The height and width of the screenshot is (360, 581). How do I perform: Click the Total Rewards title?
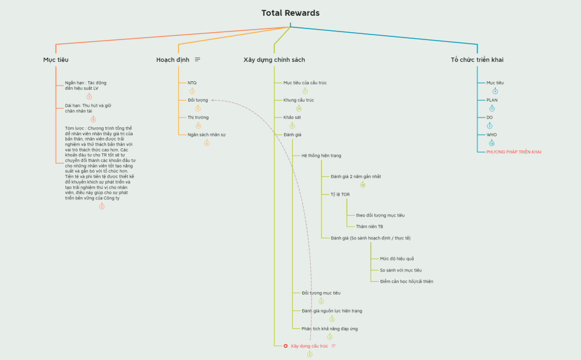pos(290,13)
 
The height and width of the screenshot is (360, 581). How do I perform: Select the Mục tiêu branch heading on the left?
pos(56,60)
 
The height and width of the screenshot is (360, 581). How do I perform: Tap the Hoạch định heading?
pos(173,60)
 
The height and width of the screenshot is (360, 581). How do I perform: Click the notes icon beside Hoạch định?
pos(198,59)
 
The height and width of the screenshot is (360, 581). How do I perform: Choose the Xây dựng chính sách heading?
pos(274,60)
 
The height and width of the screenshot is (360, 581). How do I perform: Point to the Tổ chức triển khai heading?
pos(477,60)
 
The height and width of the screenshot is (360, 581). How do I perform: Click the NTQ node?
pos(192,83)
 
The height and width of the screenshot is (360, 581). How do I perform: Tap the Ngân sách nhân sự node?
pos(206,135)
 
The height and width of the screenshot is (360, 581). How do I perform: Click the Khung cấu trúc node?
pos(299,100)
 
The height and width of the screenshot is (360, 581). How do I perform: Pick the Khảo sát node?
pos(292,117)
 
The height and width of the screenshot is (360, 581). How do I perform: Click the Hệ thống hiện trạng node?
pos(321,156)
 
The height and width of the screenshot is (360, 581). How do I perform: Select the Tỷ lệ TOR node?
pos(340,194)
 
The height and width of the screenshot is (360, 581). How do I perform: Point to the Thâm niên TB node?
pos(369,227)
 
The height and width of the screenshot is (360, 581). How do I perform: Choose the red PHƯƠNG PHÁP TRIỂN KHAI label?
pos(514,152)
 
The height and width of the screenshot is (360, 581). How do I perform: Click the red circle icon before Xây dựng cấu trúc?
pos(285,346)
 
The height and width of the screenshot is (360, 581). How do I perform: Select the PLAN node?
pos(492,100)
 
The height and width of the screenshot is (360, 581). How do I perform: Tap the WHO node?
pos(492,135)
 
